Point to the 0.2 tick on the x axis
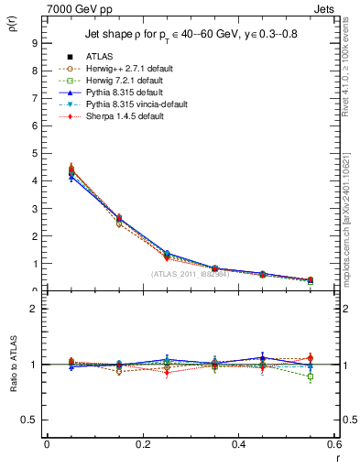coord(142,444)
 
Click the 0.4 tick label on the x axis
coord(238,444)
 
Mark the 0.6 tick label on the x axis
coord(333,444)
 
